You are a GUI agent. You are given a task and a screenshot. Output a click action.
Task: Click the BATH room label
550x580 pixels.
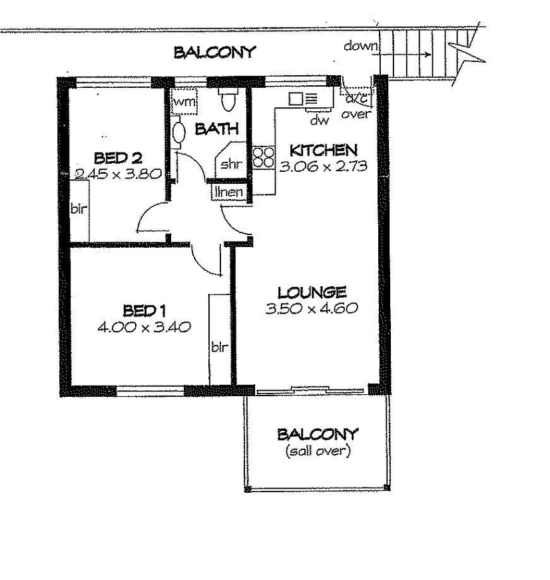[x=216, y=129]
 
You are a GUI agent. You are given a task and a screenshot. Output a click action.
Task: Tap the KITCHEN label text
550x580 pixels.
[x=324, y=150]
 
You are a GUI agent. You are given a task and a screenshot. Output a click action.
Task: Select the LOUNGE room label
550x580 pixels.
[x=312, y=292]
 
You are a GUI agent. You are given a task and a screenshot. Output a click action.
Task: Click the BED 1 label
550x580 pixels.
[x=144, y=310]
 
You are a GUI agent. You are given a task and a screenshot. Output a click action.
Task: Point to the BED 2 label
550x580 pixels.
[x=119, y=158]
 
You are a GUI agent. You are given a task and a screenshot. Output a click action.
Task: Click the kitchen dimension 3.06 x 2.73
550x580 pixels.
[x=324, y=166]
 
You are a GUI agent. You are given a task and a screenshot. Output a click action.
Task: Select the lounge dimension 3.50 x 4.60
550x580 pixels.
[x=312, y=308]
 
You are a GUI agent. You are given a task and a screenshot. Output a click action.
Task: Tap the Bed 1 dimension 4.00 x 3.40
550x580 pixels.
[x=144, y=327]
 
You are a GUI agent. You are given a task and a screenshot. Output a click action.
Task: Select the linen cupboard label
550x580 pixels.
[x=228, y=192]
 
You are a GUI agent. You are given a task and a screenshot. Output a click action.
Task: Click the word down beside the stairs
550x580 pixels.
[x=361, y=46]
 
